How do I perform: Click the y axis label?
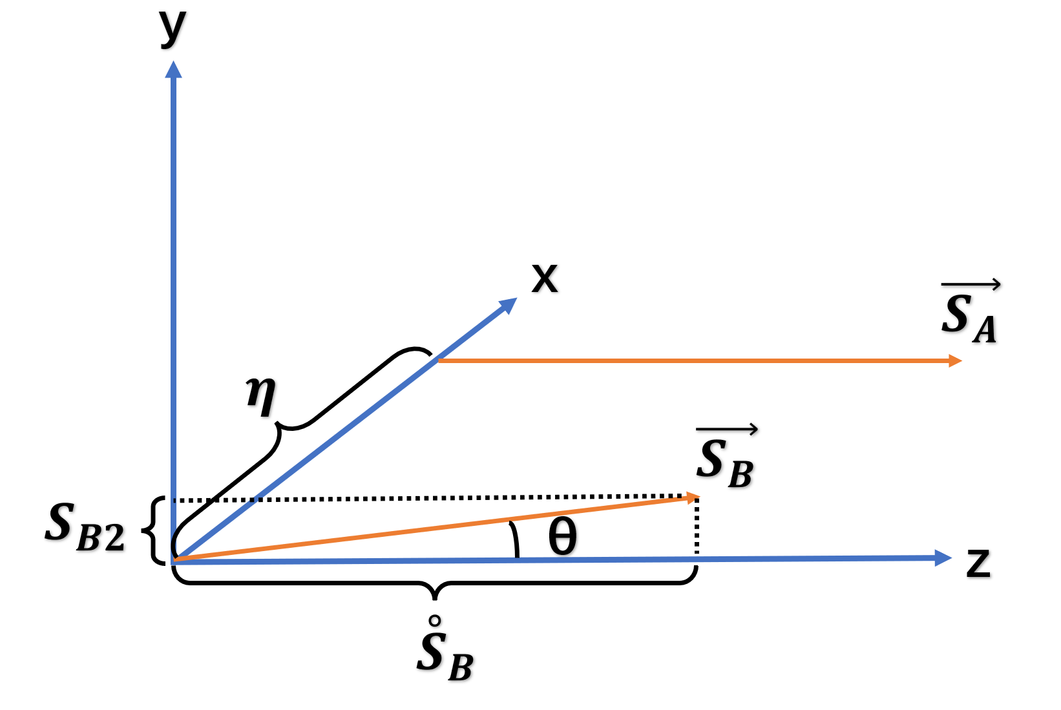coord(173,27)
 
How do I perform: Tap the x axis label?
coord(544,279)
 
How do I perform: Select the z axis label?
coord(978,562)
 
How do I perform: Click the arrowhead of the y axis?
coord(173,69)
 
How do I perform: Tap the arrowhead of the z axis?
coord(944,558)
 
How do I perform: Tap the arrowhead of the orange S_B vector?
coord(692,497)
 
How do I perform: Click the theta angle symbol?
coord(562,538)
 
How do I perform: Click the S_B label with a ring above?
coord(445,654)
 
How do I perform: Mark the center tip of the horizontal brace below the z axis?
coord(435,596)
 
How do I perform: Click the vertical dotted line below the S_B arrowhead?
coord(697,527)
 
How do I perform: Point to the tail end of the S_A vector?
coord(440,360)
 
